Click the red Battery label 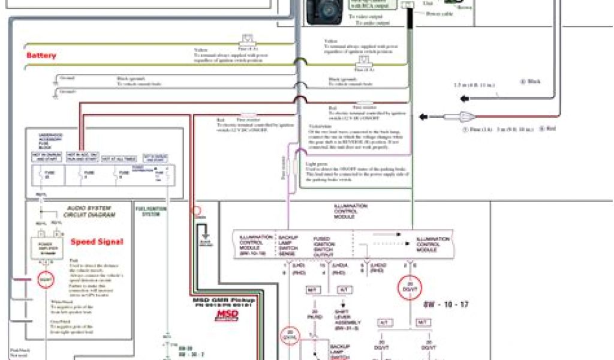[x=41, y=56]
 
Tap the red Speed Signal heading [x=97, y=242]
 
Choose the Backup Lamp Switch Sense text [x=289, y=245]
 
